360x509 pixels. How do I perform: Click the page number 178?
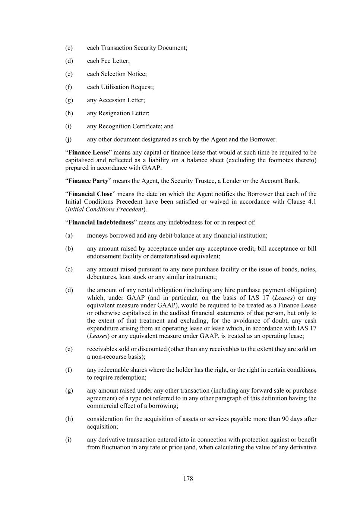point(188,478)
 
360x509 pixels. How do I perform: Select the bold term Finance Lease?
point(88,153)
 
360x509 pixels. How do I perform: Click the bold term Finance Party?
point(88,181)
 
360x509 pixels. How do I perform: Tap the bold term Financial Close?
point(90,194)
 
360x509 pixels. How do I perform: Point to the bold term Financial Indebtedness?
point(101,222)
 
